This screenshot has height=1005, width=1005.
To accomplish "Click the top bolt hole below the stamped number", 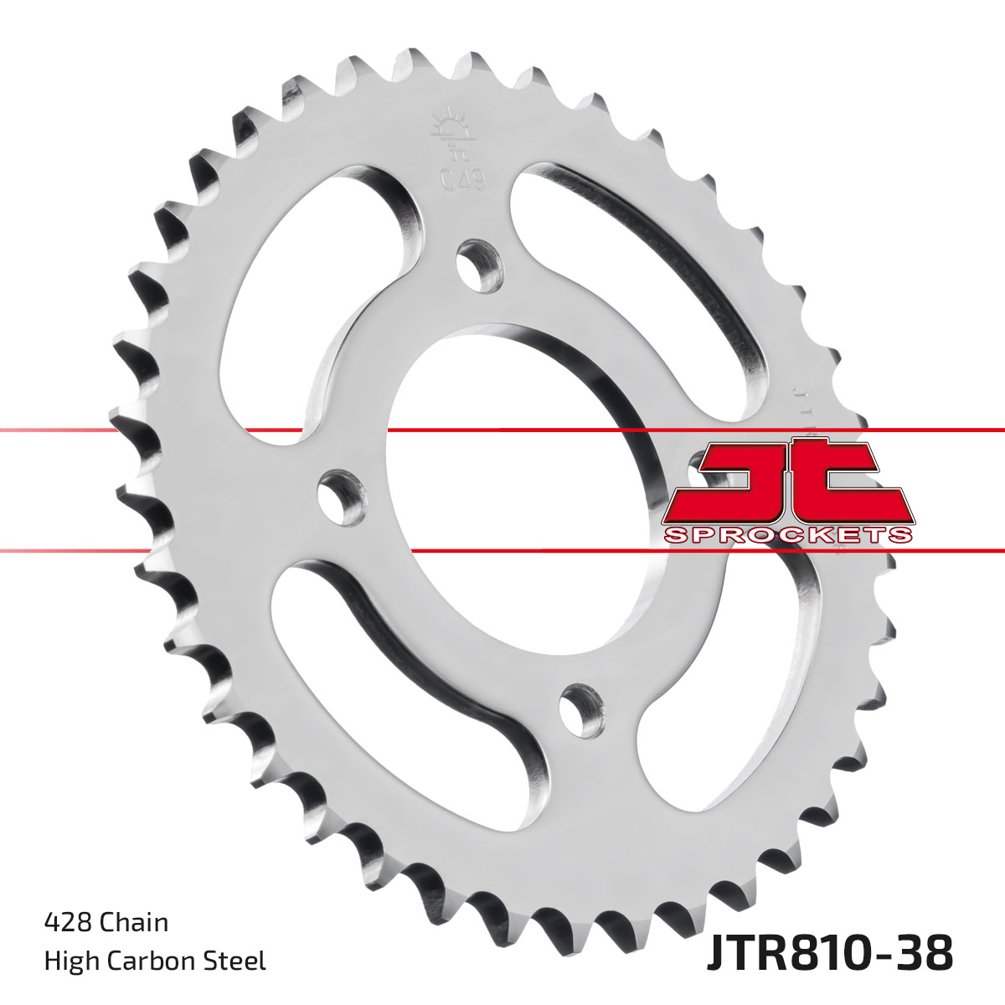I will [479, 264].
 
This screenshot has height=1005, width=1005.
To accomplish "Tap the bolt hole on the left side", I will [342, 492].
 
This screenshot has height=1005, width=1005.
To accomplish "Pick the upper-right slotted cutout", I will [636, 268].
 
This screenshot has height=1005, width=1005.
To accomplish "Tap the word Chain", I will [134, 922].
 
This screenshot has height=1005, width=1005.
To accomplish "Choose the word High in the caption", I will [71, 961].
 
